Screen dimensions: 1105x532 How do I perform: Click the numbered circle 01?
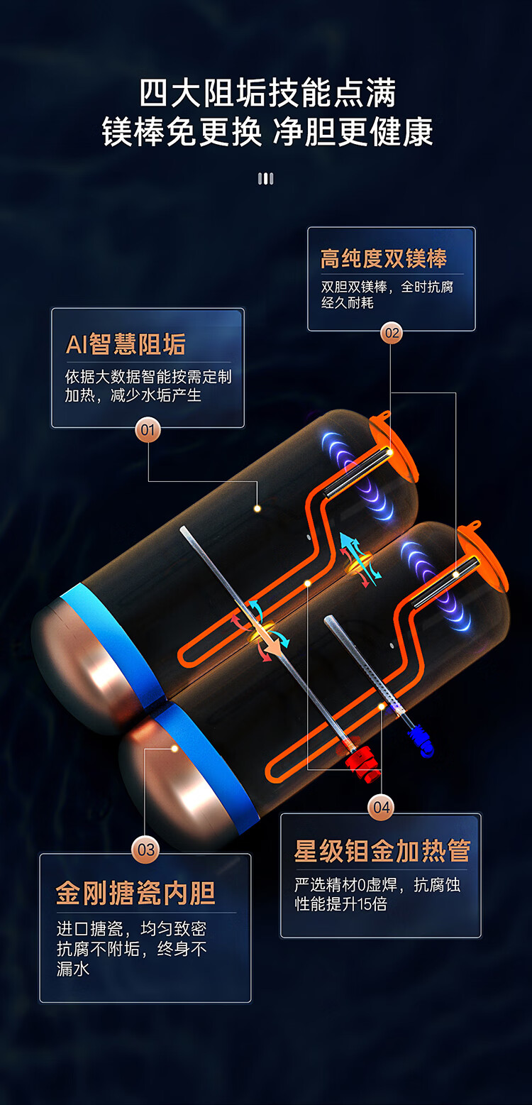point(148,429)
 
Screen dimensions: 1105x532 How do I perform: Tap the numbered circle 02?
point(391,332)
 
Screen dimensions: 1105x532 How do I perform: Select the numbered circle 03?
point(145,850)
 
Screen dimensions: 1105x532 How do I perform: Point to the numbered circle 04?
point(381,807)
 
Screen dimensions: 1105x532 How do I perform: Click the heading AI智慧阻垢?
point(126,344)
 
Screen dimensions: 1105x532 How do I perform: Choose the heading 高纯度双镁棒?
point(383,258)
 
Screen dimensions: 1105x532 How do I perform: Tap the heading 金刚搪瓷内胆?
point(135,893)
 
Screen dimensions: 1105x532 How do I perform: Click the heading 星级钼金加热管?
point(382,850)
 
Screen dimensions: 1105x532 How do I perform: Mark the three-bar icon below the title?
point(265,178)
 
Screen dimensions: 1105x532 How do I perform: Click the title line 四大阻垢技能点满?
point(267,94)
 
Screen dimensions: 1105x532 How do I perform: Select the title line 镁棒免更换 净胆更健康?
point(267,132)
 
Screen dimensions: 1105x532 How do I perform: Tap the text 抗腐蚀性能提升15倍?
point(377,894)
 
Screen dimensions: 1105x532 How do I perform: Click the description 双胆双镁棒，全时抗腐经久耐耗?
point(387,295)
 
